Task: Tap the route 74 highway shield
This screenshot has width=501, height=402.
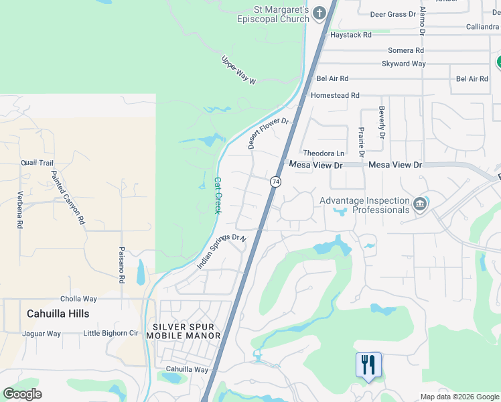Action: click(x=275, y=182)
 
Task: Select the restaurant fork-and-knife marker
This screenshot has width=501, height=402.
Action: click(x=368, y=365)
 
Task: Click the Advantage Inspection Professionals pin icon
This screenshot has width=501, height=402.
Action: click(x=420, y=203)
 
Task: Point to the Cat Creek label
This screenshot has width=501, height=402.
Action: click(x=217, y=194)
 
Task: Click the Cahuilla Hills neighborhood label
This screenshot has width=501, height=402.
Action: click(x=58, y=314)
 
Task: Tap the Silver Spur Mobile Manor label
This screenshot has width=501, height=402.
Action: click(x=184, y=331)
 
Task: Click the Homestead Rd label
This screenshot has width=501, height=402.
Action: click(x=335, y=96)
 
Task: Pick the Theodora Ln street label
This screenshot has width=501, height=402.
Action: click(x=323, y=153)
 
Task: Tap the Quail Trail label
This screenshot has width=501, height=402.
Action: click(x=37, y=163)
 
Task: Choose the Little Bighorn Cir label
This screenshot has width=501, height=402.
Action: click(x=111, y=333)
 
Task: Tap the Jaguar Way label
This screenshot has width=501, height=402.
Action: click(x=42, y=333)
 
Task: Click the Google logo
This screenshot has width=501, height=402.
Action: click(x=22, y=394)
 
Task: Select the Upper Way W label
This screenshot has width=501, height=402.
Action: click(x=239, y=70)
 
